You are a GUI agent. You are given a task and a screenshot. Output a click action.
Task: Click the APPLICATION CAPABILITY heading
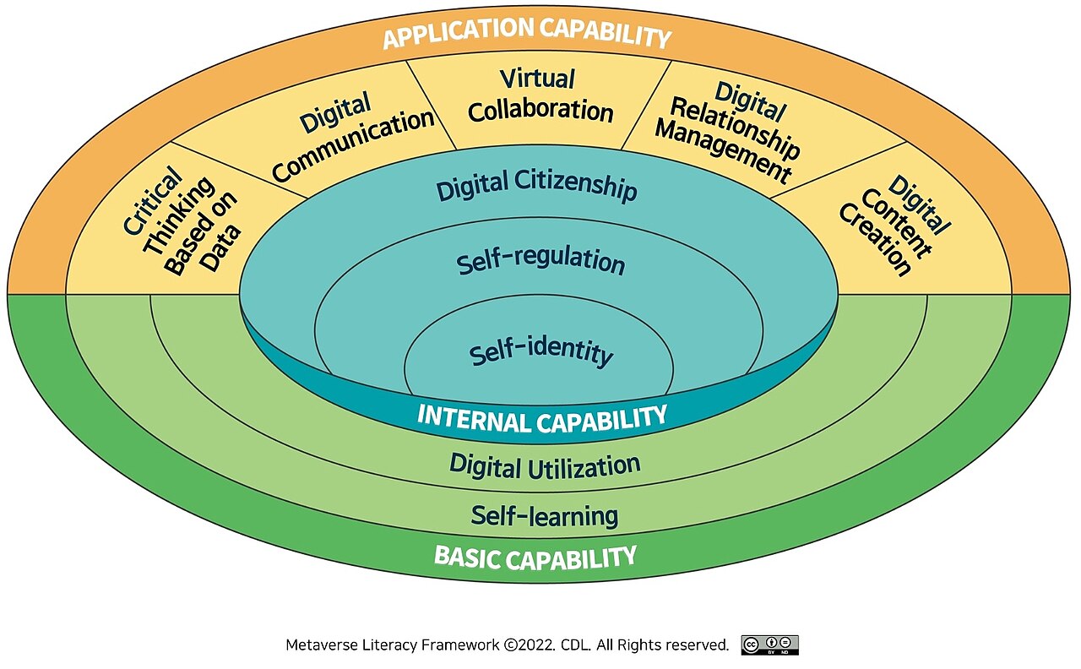coord(526,34)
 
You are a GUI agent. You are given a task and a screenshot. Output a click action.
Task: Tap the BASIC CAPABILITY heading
coord(535,557)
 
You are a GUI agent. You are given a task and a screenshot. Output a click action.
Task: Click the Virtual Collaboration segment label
coord(540,95)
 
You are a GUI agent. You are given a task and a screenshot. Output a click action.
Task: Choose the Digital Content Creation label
coord(894,226)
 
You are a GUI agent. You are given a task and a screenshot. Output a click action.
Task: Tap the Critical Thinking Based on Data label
coord(179,224)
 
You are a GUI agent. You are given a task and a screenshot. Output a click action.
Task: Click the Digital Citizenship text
coord(536,187)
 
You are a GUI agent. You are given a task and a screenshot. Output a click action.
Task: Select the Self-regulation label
coord(540,261)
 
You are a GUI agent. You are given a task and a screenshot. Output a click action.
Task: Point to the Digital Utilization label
coord(545,465)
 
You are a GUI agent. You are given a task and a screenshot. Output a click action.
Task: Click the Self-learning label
coord(545,514)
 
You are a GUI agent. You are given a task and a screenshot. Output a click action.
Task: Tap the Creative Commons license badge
coord(769,645)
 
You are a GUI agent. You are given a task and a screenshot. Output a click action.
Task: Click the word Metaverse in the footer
coord(321,645)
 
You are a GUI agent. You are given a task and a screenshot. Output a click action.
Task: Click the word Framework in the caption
coord(458,645)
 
